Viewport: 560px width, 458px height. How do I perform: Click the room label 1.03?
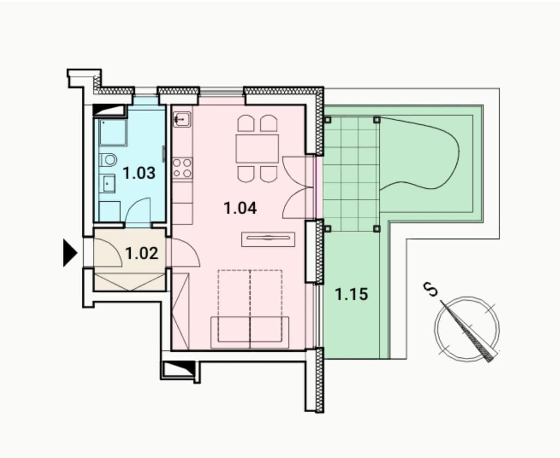click(139, 173)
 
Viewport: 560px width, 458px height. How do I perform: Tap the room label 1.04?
click(241, 208)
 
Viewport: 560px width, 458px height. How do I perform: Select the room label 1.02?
click(142, 253)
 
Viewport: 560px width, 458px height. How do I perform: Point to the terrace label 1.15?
click(351, 294)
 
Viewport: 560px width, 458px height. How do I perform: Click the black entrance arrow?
click(70, 253)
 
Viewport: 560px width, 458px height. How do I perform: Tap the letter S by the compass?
click(430, 290)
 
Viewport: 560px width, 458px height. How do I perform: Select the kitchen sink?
click(182, 119)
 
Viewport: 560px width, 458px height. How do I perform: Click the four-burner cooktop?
click(182, 168)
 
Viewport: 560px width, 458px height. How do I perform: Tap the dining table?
click(257, 149)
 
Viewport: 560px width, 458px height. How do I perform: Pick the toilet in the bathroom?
click(108, 160)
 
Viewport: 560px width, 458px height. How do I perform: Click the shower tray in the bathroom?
click(113, 132)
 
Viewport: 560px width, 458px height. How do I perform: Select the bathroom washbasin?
click(107, 184)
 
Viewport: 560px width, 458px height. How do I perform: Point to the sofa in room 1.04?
click(250, 332)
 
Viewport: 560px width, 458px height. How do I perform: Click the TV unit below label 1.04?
click(268, 239)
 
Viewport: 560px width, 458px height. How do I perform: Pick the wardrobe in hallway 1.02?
click(130, 282)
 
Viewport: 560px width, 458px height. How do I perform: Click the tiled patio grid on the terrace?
click(351, 174)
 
